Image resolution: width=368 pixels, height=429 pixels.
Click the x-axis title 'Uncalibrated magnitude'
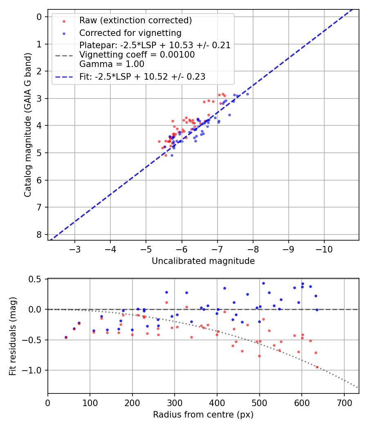pos(203,261)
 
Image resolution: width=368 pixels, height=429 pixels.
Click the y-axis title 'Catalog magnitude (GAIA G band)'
pos(27,124)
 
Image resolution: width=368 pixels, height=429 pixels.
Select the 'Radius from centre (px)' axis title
pos(203,415)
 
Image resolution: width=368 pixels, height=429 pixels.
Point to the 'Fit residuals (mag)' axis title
pos(13,336)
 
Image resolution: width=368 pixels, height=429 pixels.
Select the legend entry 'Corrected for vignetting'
pos(130,33)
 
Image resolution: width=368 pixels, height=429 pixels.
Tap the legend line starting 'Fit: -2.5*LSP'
pos(142,76)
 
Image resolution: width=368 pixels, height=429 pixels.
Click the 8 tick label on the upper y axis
pos(39,235)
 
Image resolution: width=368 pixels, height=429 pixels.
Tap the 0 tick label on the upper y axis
pos(39,17)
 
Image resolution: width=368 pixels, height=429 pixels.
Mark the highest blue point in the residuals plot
pos(263,283)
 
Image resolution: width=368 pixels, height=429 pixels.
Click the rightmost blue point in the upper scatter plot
pos(247,94)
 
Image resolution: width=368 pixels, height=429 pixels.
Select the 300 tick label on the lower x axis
pos(175,402)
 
